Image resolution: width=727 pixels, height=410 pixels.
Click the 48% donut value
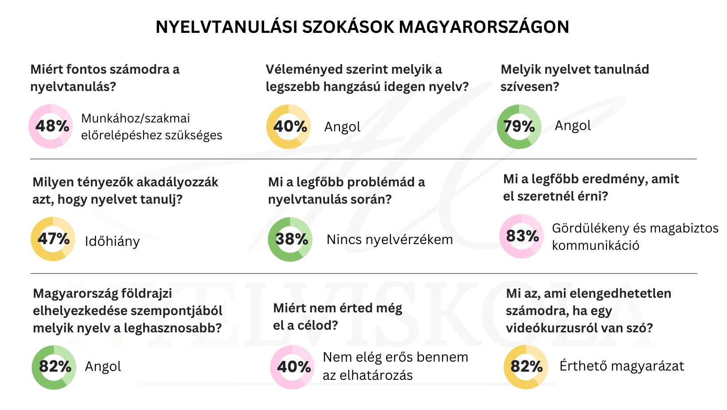tap(52, 126)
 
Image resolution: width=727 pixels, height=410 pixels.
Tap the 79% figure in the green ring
tap(519, 126)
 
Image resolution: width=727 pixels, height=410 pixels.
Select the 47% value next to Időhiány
tap(53, 239)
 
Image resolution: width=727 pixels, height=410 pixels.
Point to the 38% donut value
tap(291, 239)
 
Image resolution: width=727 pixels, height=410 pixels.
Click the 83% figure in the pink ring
tap(522, 236)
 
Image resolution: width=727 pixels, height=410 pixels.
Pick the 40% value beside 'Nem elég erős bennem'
tap(293, 367)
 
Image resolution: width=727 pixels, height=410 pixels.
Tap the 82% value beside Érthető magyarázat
tap(526, 367)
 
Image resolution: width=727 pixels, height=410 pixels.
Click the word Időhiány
tap(112, 241)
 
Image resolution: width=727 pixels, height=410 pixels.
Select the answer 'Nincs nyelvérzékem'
tap(390, 240)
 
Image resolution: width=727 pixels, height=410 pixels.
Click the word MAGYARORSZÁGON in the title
tap(484, 27)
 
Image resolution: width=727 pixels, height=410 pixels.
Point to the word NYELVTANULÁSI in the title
tap(226, 27)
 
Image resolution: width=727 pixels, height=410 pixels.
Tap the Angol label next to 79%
tap(573, 126)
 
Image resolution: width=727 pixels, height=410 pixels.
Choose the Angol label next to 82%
tap(103, 367)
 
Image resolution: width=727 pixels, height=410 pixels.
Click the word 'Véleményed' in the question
tap(304, 69)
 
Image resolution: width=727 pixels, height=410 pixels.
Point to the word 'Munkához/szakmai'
tap(135, 118)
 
